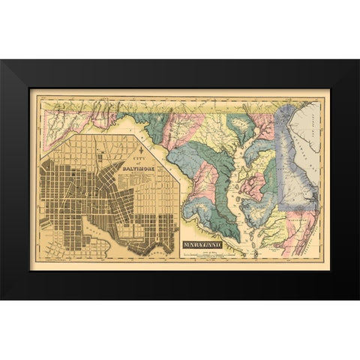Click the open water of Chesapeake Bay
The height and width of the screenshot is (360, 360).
click(x=237, y=195)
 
